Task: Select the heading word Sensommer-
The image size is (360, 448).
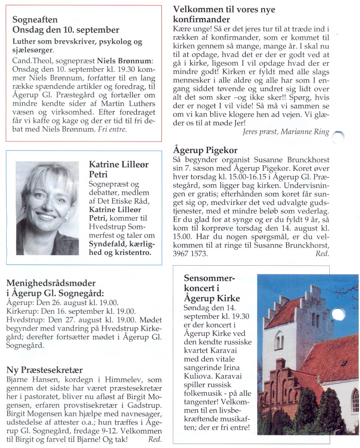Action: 209,279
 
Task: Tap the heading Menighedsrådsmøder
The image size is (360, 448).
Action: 51,283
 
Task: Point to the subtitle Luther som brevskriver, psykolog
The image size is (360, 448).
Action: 77,42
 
